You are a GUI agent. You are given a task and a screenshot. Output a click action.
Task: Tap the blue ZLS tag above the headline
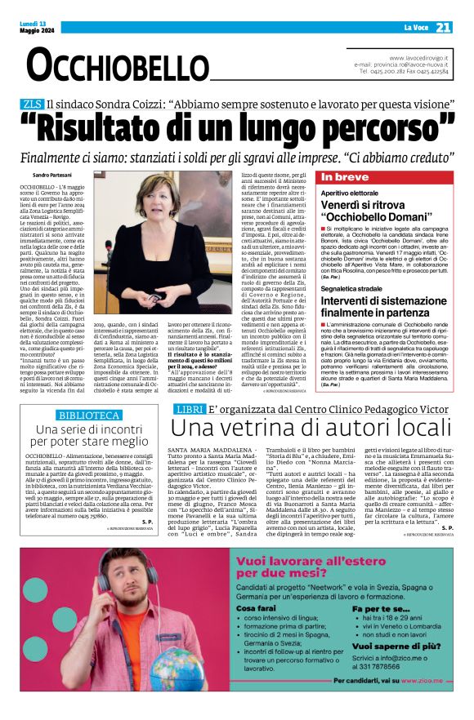[32, 104]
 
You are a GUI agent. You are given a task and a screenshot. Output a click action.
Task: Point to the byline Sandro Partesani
[42, 176]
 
